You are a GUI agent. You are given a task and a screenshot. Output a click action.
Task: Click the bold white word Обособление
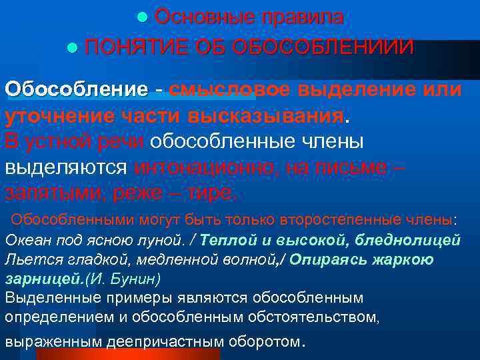(x=76, y=89)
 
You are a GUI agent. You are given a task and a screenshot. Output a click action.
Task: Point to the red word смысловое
(x=230, y=89)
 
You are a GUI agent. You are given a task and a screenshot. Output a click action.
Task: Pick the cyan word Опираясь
(x=325, y=259)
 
